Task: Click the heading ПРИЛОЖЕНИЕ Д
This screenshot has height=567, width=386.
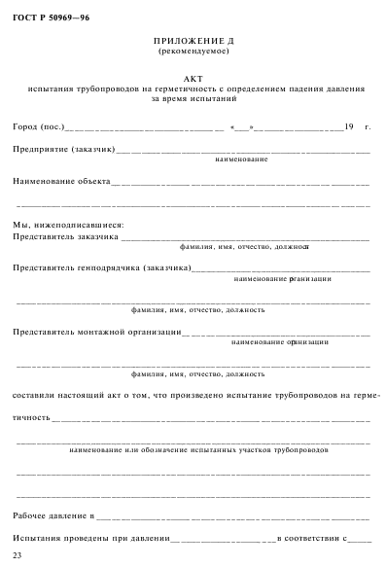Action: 195,42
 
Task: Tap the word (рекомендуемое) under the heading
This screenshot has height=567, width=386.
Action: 195,51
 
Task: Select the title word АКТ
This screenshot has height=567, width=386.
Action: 194,79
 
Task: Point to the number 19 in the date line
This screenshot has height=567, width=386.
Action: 349,127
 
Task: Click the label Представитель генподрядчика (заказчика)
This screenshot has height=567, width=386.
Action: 102,267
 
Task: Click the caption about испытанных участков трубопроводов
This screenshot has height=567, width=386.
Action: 199,451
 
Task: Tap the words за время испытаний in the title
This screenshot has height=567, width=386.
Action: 194,98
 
